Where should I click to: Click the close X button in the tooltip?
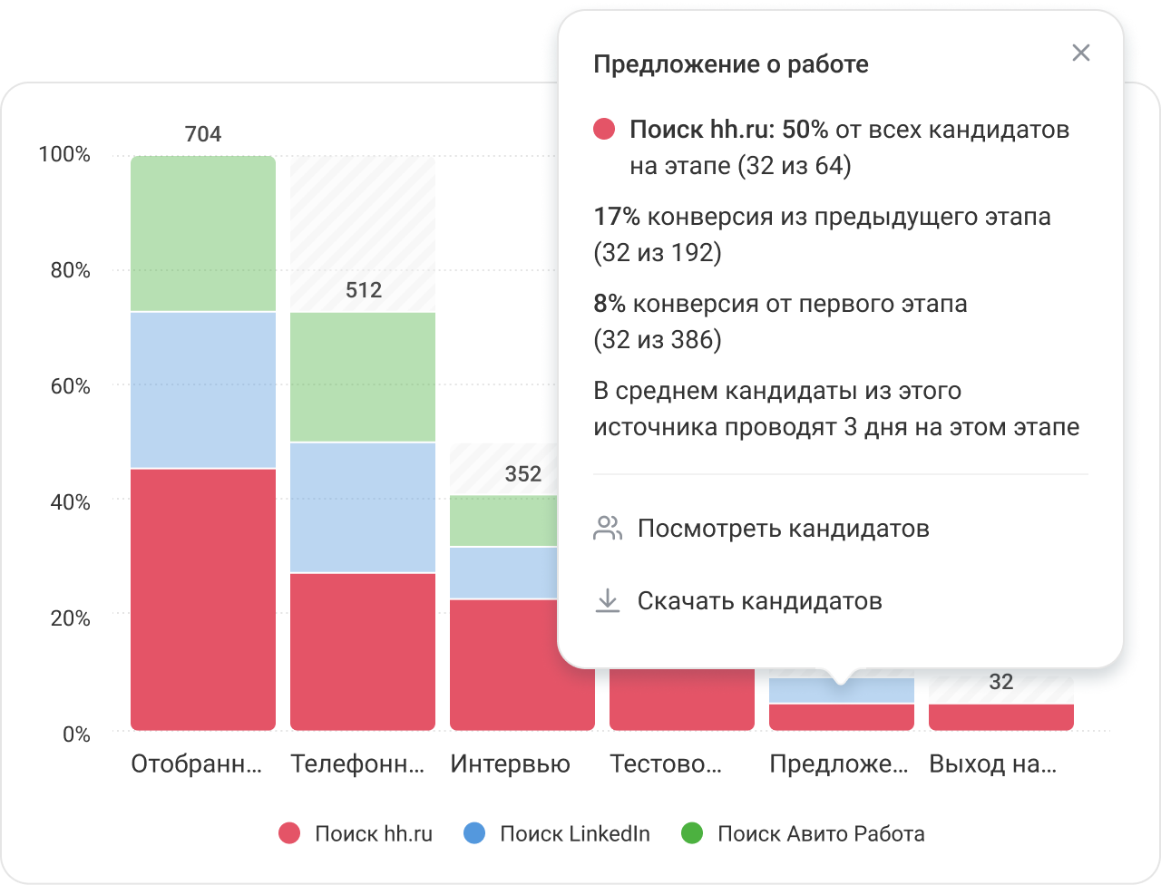[1080, 53]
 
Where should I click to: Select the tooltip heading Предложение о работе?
[730, 64]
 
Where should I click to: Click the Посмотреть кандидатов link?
[783, 529]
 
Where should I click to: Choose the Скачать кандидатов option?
[759, 601]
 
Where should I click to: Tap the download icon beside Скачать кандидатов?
[608, 601]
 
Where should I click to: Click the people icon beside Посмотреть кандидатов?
[608, 529]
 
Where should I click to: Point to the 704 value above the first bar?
[202, 134]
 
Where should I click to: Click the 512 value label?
[363, 290]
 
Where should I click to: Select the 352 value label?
[522, 473]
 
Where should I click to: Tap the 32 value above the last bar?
[1000, 682]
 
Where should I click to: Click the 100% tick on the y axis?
[64, 155]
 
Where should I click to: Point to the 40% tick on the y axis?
[64, 502]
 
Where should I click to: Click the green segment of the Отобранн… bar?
[202, 234]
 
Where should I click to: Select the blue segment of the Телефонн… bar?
[363, 507]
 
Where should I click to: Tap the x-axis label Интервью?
[510, 764]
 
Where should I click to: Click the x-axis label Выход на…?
[992, 764]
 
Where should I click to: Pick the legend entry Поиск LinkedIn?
[574, 834]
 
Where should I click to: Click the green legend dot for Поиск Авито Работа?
[692, 833]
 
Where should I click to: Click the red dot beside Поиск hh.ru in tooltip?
[604, 130]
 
